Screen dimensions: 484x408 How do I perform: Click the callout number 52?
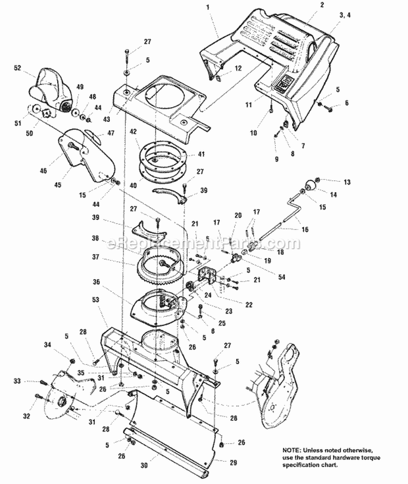point(17,68)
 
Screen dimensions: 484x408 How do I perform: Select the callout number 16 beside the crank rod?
point(305,230)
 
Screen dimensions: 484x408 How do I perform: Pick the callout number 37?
point(96,257)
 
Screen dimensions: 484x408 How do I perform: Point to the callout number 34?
point(47,345)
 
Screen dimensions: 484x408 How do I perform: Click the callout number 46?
point(44,171)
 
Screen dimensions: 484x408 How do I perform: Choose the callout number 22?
point(249,305)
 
